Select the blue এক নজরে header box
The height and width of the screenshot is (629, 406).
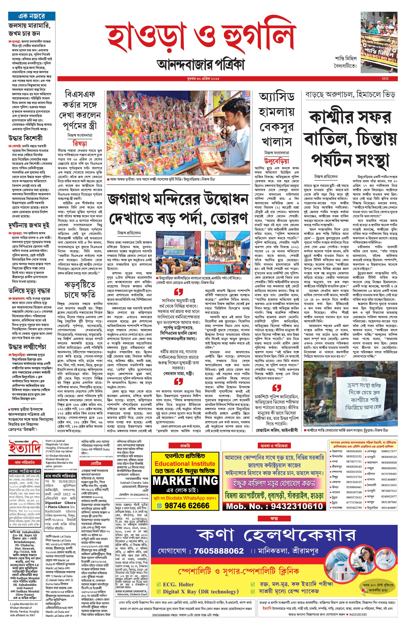[32, 16]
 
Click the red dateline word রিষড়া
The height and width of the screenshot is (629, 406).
[80, 143]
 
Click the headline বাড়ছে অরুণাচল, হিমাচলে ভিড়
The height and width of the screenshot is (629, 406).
[350, 95]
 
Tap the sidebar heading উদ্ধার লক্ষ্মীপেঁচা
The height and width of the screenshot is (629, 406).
[27, 347]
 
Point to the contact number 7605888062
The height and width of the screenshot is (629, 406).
[219, 551]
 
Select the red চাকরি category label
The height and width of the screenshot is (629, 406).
[185, 446]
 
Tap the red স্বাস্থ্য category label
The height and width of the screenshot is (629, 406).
[274, 519]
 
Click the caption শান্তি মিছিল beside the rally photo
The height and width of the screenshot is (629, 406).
[346, 58]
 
